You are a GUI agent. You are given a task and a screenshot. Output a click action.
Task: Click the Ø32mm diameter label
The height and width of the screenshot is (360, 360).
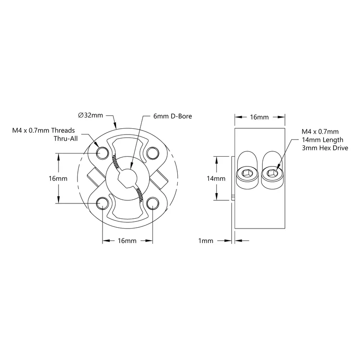(90, 115)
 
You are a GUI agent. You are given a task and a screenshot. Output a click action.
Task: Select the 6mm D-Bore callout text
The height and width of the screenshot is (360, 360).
(172, 116)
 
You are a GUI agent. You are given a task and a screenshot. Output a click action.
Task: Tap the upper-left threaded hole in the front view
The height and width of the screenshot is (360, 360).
(102, 153)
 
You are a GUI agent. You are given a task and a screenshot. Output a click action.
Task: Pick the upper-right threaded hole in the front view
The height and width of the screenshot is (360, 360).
(153, 153)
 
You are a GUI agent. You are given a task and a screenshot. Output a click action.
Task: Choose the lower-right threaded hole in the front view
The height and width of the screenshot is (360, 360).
(153, 203)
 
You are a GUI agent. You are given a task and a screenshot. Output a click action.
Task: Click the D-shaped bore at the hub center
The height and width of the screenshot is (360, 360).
(127, 179)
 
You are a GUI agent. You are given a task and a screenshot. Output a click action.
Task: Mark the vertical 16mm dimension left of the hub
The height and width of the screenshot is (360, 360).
(58, 178)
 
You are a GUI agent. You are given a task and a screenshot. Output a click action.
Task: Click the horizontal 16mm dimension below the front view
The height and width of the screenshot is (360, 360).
(127, 241)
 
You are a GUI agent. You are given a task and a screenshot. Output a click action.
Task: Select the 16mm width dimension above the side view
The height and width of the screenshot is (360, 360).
(260, 117)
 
